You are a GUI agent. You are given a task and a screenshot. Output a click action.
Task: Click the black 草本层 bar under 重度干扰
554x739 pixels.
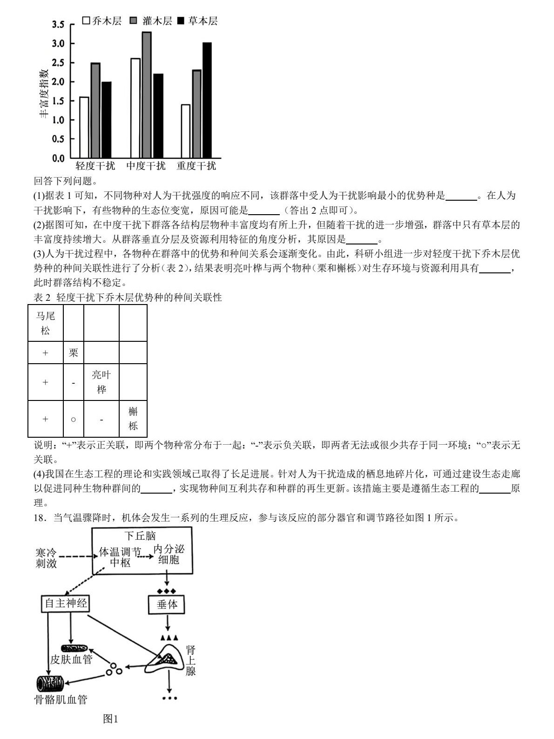pos(207,100)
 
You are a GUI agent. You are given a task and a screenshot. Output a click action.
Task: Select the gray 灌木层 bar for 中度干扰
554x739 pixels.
pos(147,95)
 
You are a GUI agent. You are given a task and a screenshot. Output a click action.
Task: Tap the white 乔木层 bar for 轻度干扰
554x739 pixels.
pos(84,127)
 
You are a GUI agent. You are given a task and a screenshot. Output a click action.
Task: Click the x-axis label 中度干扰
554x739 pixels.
pos(146,166)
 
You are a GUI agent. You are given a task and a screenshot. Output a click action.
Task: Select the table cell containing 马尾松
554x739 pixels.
pos(46,323)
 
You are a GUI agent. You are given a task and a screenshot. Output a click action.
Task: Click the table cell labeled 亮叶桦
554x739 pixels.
pos(101,382)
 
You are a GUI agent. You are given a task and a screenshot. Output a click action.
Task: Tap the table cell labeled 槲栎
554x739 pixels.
pos(133,419)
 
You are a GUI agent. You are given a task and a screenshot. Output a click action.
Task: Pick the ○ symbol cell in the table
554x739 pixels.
pos(73,419)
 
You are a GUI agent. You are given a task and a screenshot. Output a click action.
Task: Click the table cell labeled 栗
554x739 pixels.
pos(73,353)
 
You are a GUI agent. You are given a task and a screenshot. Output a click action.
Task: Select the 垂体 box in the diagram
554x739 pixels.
pos(167,604)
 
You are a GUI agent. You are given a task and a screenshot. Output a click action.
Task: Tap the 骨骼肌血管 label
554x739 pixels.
pos(61,699)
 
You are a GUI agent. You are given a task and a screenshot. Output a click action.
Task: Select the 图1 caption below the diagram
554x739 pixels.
pos(111,719)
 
